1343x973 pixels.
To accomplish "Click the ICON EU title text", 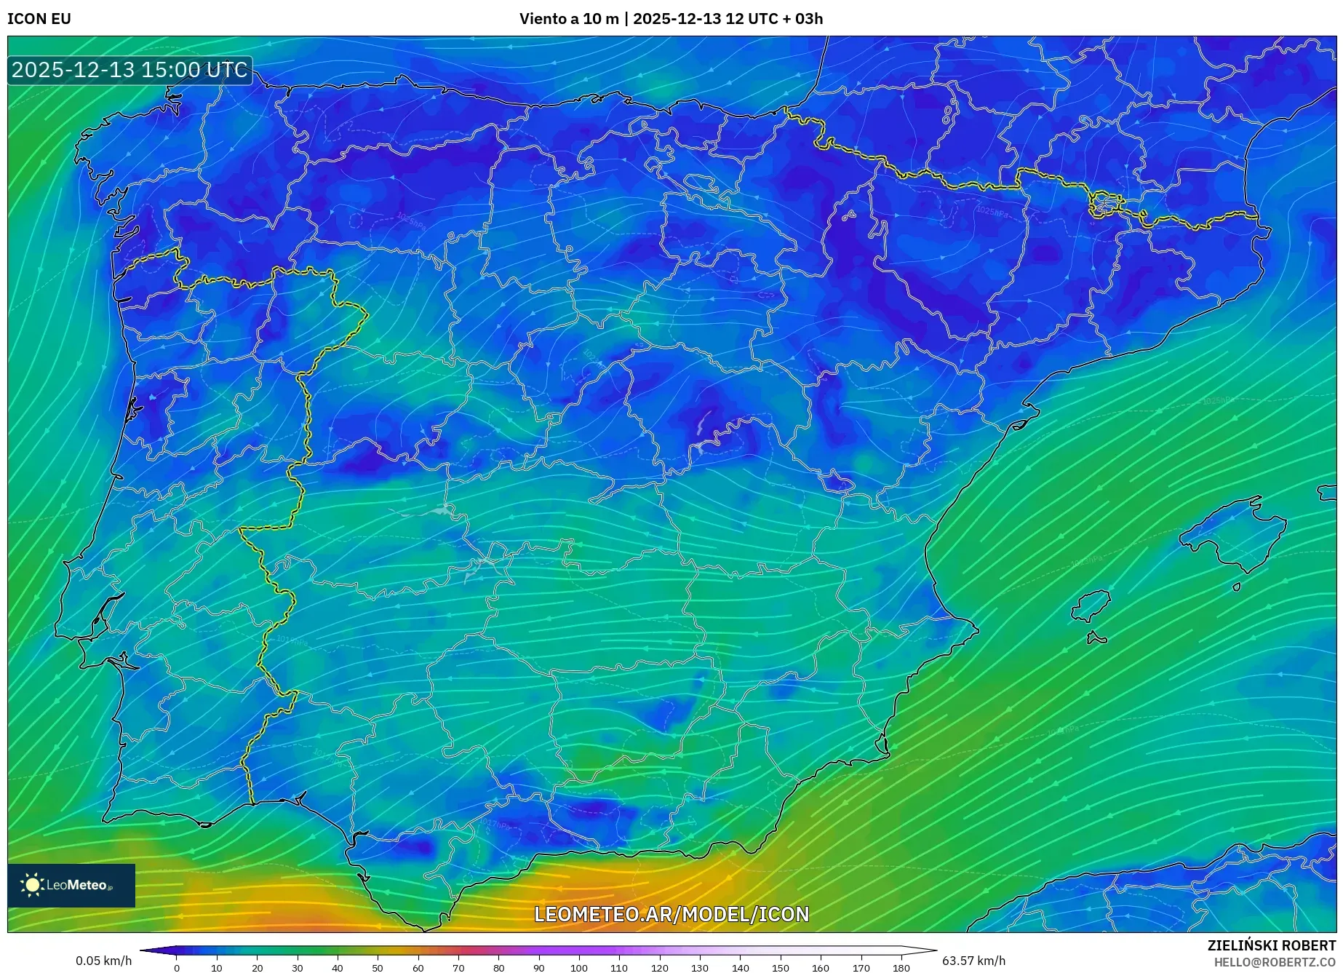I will (x=39, y=19).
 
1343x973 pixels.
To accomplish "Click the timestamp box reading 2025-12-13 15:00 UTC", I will (x=130, y=70).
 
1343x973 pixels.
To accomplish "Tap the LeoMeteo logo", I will (x=71, y=885).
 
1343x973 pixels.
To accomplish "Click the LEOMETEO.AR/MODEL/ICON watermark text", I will (x=671, y=914).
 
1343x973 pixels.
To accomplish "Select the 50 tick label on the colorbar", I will (x=378, y=968).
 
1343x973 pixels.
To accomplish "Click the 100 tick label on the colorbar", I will (x=579, y=968).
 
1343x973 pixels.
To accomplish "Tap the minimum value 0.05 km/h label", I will (x=104, y=961).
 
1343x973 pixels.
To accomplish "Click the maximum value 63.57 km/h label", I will (x=974, y=961).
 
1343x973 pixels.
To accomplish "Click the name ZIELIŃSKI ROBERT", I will (x=1272, y=945).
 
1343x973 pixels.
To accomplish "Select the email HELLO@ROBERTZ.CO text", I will (x=1275, y=962).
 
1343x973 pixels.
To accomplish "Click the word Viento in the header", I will (x=542, y=19).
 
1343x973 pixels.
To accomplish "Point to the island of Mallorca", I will (x=1233, y=533).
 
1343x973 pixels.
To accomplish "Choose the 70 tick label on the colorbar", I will (x=458, y=968).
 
